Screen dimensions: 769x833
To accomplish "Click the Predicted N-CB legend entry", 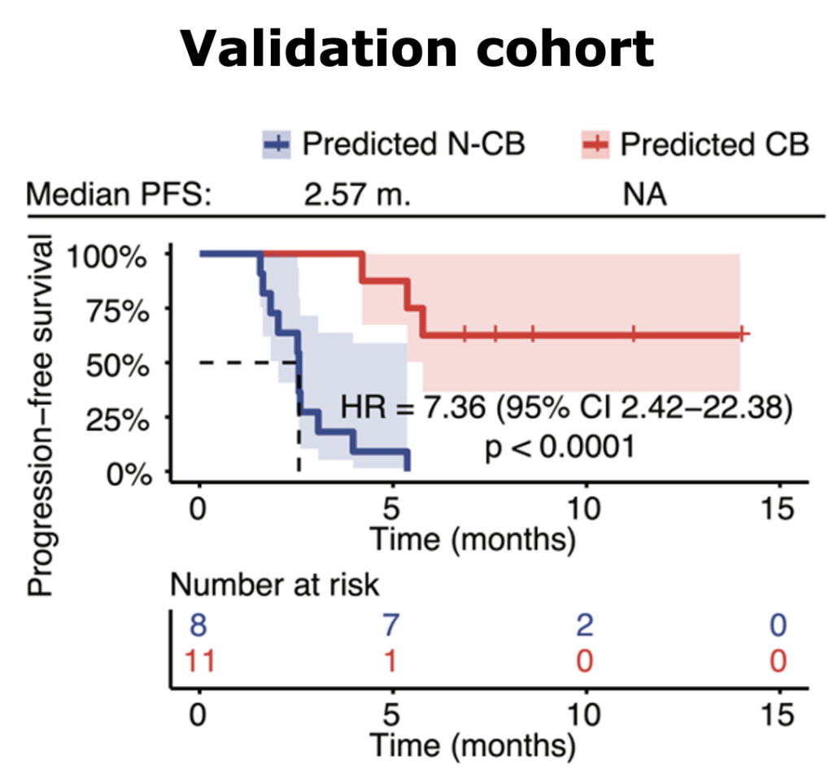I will point(394,145).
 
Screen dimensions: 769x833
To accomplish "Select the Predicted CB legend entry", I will point(696,145).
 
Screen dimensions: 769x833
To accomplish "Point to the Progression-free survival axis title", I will point(38,416).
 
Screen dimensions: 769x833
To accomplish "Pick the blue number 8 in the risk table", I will point(198,626).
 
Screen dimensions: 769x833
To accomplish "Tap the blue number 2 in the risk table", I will point(585,626).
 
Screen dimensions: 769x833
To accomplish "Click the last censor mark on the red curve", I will point(743,334).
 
